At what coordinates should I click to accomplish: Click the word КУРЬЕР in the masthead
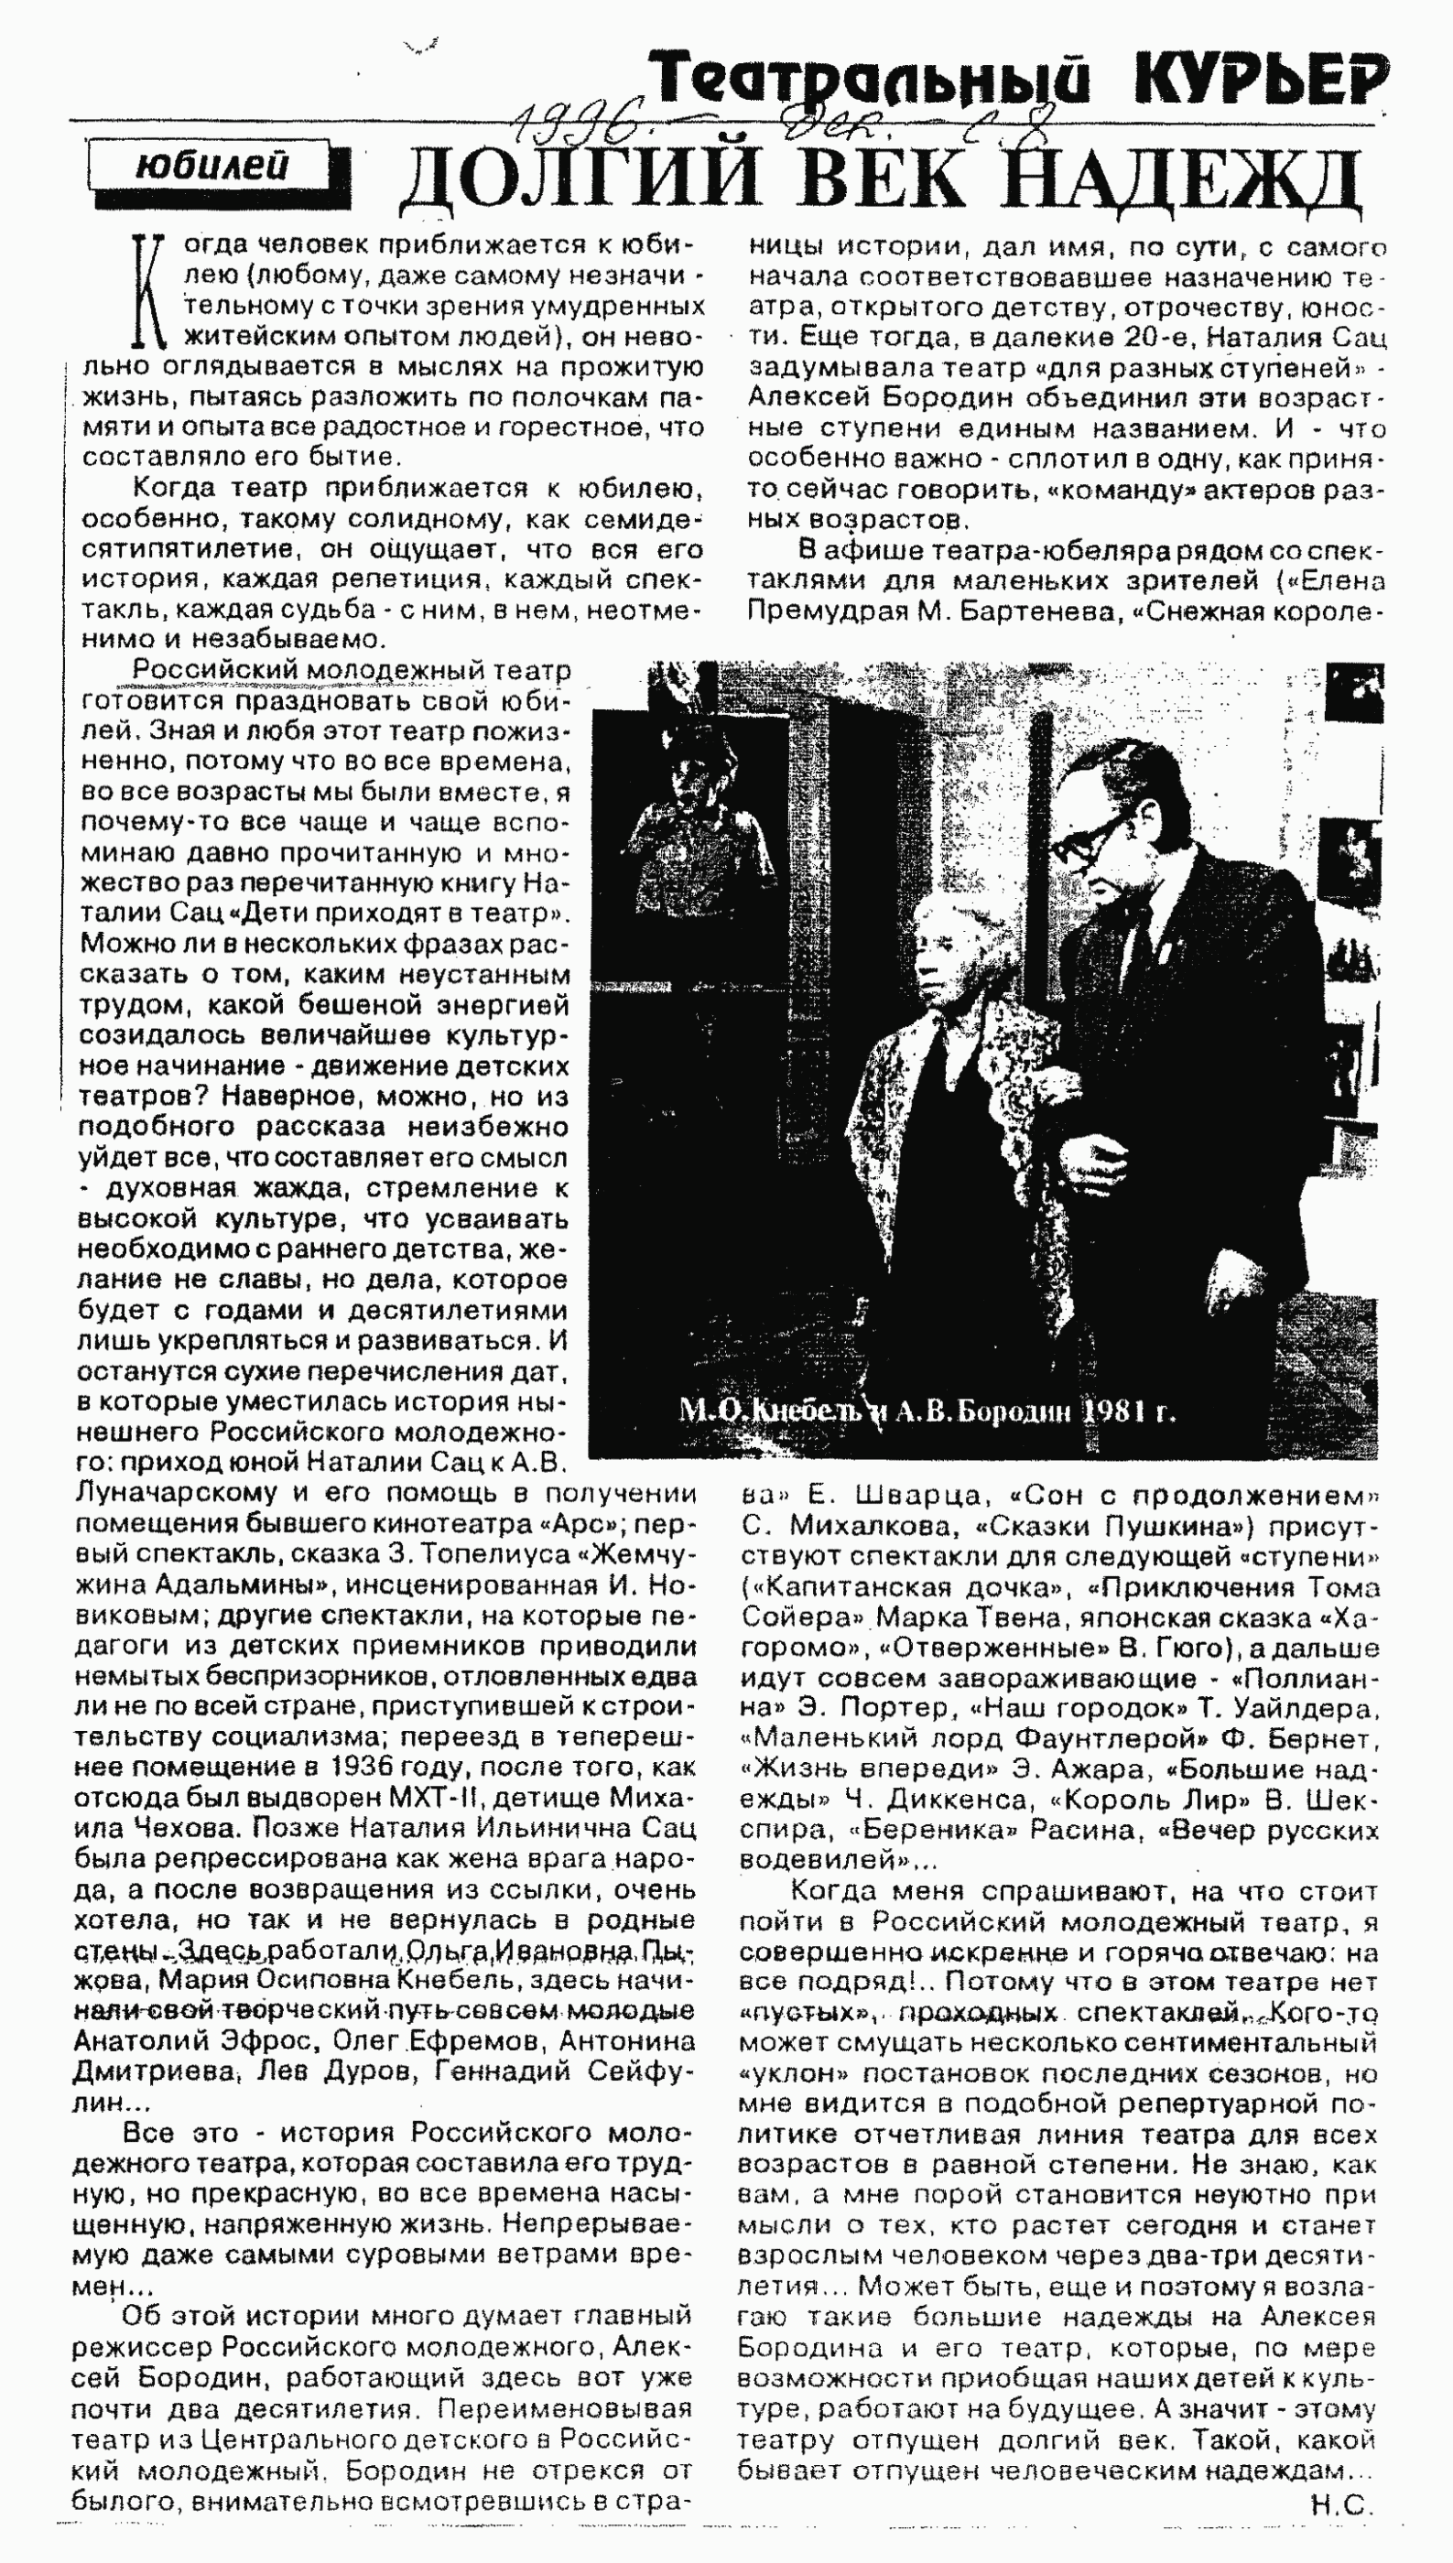tap(1261, 78)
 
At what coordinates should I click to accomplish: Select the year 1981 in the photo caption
tap(1113, 1411)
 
